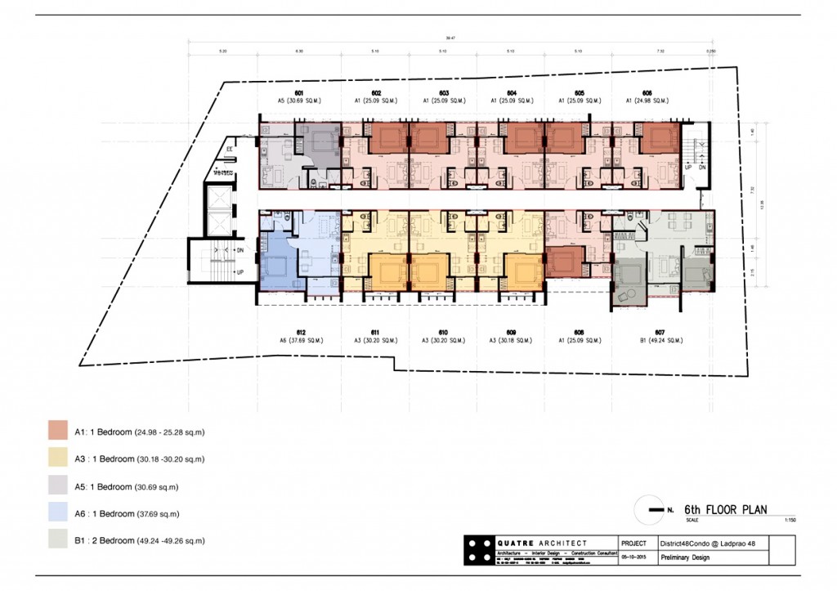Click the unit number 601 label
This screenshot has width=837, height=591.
tap(299, 93)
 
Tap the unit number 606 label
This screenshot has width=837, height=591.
tap(647, 93)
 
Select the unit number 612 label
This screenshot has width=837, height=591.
tap(301, 332)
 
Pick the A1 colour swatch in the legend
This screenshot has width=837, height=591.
tap(57, 431)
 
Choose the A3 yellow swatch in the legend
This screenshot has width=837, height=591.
tap(57, 459)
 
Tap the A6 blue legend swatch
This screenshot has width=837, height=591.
tap(57, 513)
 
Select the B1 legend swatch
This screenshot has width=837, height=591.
tap(57, 540)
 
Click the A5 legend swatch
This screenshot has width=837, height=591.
tap(57, 486)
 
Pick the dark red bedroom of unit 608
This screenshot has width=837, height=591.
tap(563, 262)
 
